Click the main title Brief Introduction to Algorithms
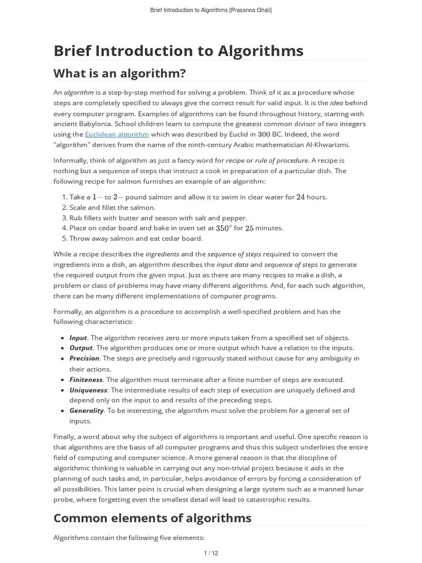(178, 51)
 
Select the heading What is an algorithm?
(119, 73)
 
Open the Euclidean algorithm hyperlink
(116, 134)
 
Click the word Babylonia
(96, 124)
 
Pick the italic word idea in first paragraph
(337, 103)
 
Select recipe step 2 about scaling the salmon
(112, 207)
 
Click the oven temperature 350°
(223, 228)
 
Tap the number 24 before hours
(300, 197)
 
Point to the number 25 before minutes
(249, 228)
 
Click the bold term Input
(78, 338)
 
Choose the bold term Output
(81, 348)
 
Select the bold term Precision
(84, 358)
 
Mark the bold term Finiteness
(86, 379)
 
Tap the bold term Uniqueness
(88, 390)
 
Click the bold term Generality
(86, 411)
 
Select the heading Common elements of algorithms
(152, 518)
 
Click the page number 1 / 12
(211, 553)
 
